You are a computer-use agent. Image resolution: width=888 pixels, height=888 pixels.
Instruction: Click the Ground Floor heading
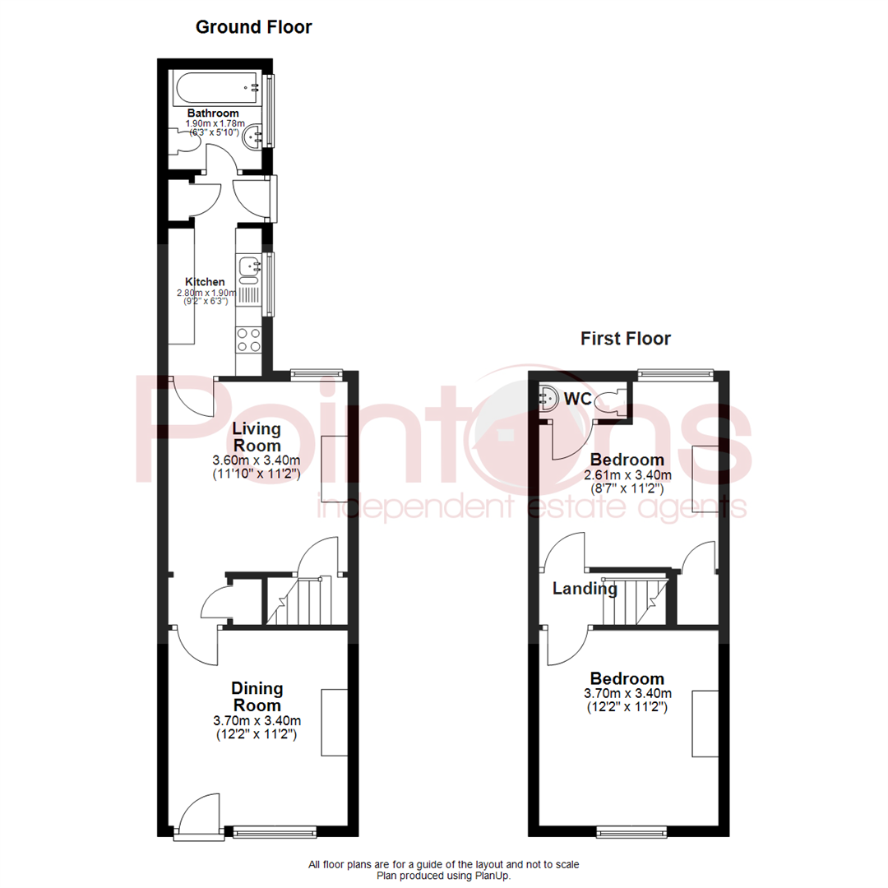253,27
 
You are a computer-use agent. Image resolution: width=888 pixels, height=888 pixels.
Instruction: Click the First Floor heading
626,338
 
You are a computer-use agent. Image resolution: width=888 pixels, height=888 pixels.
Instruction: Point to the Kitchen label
205,282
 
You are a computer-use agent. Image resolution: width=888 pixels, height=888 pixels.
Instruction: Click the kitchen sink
249,266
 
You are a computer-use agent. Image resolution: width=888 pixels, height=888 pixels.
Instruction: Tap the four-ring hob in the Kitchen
248,340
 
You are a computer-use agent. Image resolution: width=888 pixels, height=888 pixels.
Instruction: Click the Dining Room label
257,696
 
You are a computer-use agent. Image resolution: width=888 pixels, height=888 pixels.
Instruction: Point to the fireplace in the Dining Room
335,722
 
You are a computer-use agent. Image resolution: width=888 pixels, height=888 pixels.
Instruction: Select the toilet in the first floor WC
608,400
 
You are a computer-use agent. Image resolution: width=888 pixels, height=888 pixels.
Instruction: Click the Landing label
584,589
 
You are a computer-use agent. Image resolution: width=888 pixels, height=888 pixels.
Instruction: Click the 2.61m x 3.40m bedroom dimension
627,475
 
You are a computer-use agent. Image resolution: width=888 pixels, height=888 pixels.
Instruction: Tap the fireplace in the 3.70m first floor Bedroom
705,724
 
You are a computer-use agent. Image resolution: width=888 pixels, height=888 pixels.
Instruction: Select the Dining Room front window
274,830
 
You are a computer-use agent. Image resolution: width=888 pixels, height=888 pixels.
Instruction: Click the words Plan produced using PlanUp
444,876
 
